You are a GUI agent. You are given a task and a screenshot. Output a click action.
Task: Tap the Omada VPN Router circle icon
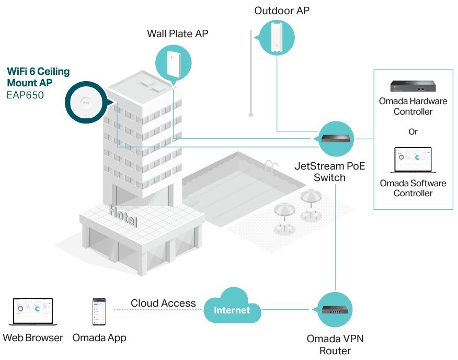click(x=335, y=310)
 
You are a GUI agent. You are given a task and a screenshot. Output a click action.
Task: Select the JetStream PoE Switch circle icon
click(x=335, y=138)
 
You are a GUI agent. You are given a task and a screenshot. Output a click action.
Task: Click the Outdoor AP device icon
click(x=276, y=37)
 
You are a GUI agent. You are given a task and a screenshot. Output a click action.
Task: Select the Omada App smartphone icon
click(x=99, y=312)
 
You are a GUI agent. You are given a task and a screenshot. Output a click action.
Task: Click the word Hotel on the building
click(x=123, y=216)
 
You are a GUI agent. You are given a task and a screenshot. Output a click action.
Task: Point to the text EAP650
click(x=25, y=95)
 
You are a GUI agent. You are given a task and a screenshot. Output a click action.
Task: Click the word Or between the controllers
click(x=413, y=131)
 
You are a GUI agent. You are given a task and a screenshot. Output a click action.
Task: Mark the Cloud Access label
click(x=163, y=303)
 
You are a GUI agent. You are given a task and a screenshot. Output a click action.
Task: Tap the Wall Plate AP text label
click(x=177, y=34)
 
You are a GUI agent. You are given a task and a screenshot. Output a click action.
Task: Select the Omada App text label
click(x=99, y=337)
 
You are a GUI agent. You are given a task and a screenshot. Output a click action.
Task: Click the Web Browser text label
click(x=33, y=337)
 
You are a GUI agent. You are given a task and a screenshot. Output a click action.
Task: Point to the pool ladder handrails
click(x=270, y=166)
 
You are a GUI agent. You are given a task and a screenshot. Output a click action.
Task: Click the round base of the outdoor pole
click(x=251, y=114)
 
